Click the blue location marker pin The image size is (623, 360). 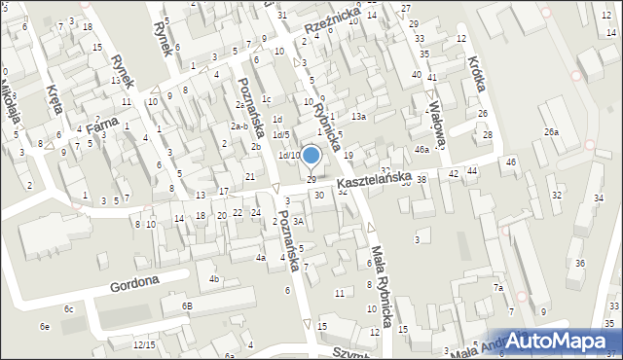tap(311, 156)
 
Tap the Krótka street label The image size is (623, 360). tap(476, 71)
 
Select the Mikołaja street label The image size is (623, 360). tap(9, 92)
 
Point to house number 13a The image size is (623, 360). tap(359, 117)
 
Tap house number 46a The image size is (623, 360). tap(421, 150)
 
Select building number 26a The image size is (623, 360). tap(552, 131)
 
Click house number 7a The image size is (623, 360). tap(497, 288)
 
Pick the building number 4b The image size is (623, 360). tap(213, 279)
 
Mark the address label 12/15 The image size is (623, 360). tap(144, 345)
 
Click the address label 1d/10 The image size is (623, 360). tap(289, 155)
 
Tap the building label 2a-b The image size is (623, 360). tap(238, 126)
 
